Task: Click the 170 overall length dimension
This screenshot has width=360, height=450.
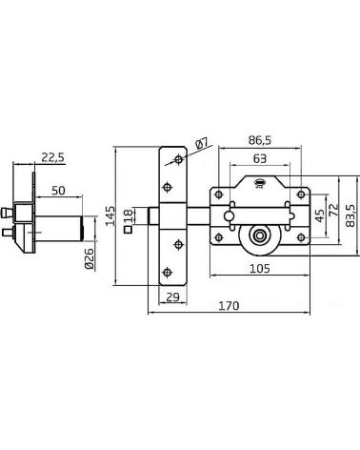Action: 229,306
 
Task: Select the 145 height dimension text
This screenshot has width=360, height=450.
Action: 110,215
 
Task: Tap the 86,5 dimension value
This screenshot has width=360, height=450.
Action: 260,140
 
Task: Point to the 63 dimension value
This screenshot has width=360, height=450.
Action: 260,158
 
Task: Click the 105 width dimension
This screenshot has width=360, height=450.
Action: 260,269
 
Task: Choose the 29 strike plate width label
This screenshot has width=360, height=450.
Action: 172,297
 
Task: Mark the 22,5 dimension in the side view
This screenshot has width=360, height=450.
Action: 52,157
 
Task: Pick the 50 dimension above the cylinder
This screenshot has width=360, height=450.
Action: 58,191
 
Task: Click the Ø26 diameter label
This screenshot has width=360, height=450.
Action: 90,259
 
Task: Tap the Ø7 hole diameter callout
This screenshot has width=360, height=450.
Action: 202,143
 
